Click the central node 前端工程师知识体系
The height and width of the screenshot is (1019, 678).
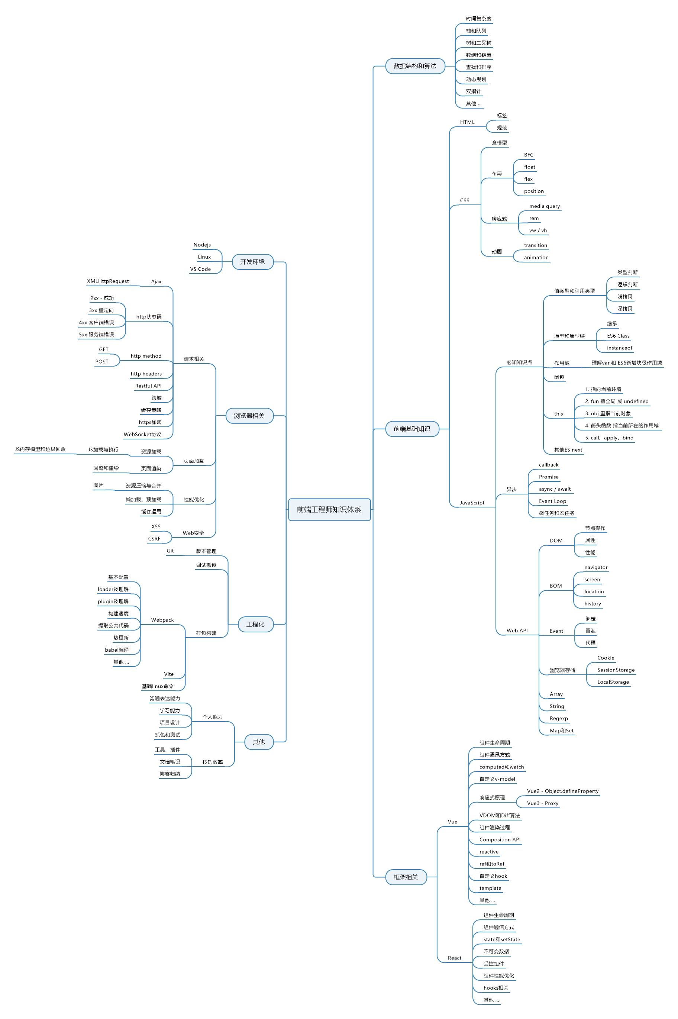(329, 509)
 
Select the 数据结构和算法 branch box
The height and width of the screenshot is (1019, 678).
(415, 66)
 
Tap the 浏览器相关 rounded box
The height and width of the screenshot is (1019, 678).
(249, 416)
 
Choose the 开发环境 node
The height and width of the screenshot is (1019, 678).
(252, 262)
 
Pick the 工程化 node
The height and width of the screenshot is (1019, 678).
(255, 624)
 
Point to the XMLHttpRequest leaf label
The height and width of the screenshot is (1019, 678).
(108, 281)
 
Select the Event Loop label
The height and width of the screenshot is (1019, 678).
(552, 501)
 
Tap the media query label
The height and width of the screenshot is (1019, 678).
(545, 206)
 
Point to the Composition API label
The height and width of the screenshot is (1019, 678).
(500, 839)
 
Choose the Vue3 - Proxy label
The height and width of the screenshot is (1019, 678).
(543, 803)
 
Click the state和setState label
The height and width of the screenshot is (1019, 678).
(501, 939)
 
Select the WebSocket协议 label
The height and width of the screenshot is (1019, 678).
(142, 434)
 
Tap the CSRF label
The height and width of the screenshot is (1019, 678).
(154, 538)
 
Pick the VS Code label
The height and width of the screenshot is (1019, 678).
(200, 269)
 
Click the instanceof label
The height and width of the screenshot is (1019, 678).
(619, 348)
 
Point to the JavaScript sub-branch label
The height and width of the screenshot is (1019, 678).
(472, 502)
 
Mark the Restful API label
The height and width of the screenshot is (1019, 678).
(148, 386)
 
